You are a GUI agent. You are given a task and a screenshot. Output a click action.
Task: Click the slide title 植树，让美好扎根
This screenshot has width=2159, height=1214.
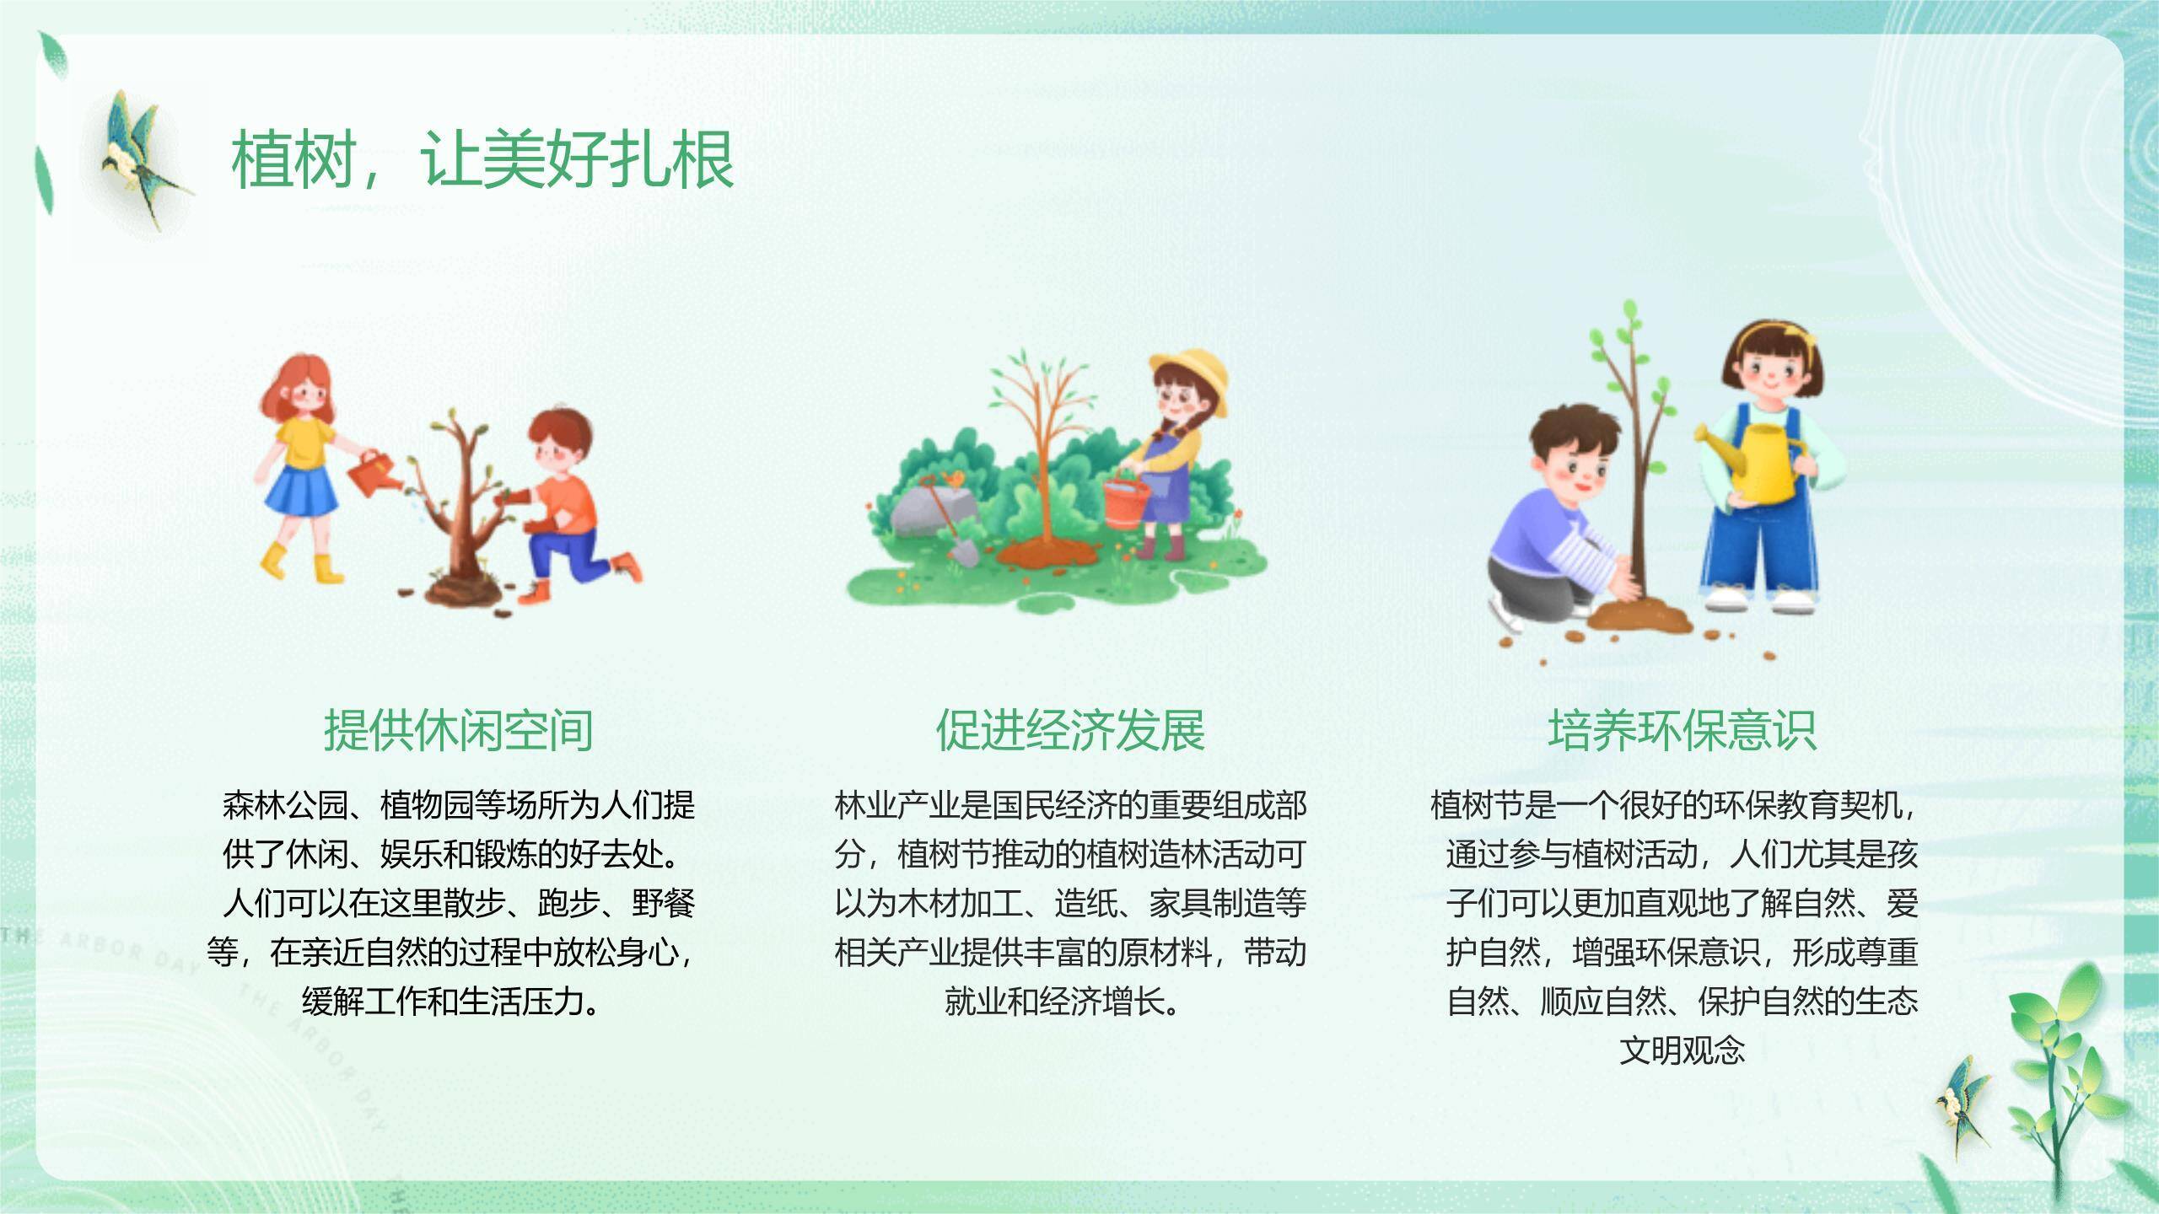point(482,159)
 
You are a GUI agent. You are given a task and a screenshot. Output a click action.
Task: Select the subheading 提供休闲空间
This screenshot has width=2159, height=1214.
point(458,730)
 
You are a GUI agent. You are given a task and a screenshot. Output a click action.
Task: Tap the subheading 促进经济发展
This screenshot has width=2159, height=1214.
point(1070,730)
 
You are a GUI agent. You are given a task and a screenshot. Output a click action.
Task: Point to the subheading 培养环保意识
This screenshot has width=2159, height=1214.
point(1682,730)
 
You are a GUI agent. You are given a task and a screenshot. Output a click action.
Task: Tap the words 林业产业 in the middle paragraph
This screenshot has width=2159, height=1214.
point(897,805)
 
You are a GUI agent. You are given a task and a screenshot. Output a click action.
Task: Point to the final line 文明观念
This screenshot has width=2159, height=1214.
point(1682,1050)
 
